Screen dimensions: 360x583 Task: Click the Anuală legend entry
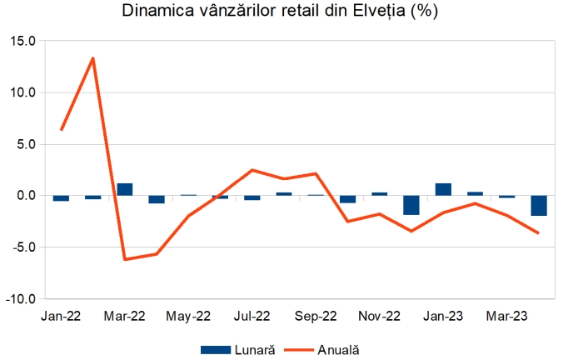(327, 350)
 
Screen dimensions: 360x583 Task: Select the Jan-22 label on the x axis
(60, 317)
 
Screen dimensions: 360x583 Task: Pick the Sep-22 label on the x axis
(316, 317)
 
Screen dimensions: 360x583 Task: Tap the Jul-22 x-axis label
(252, 317)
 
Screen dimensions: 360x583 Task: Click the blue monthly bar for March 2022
(125, 189)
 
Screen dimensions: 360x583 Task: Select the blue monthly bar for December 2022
(411, 205)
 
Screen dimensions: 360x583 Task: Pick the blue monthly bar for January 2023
(443, 189)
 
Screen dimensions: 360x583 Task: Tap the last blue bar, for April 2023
(539, 206)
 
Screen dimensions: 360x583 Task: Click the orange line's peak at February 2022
(92, 57)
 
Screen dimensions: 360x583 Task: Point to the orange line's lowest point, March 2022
(125, 259)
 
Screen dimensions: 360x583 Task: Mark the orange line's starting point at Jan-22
(61, 129)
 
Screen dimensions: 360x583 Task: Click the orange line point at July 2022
(252, 170)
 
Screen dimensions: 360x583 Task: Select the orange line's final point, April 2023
(539, 233)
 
